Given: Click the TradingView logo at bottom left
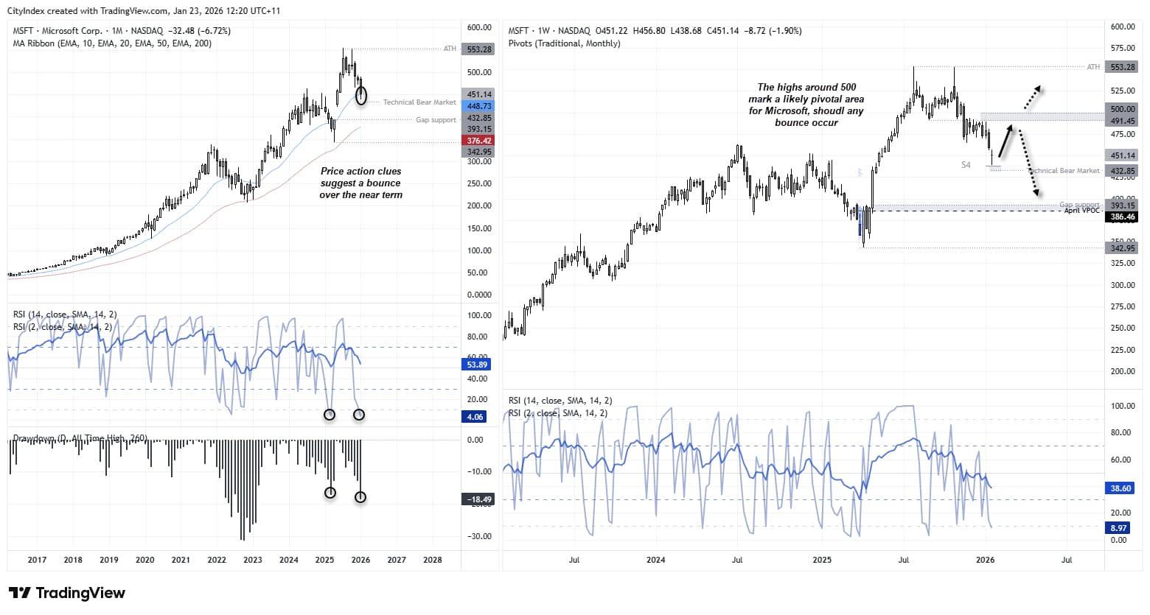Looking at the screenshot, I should (x=66, y=593).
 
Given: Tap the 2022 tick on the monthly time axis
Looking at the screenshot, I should (x=217, y=560).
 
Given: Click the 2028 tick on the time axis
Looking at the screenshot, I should (x=433, y=560).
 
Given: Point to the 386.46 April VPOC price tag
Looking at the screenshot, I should (x=1123, y=217).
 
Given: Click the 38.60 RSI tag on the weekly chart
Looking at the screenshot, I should (x=1121, y=488).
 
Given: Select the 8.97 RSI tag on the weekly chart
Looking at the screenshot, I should (x=1119, y=528).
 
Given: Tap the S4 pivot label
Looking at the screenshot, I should (x=966, y=165).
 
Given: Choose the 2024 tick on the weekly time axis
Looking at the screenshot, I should (x=655, y=560).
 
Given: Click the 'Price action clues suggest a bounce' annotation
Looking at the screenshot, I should (x=360, y=183).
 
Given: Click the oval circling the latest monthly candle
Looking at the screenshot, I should (x=360, y=95).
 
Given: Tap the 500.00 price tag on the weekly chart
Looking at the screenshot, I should (x=1123, y=109).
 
